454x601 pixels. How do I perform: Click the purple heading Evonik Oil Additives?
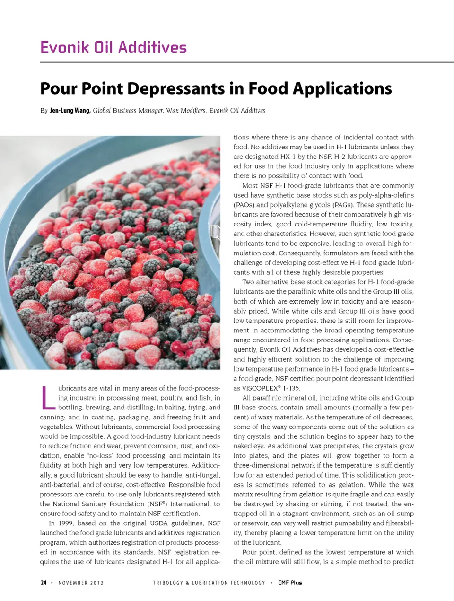point(113,47)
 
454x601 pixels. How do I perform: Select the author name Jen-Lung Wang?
point(70,111)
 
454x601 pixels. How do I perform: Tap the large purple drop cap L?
point(47,398)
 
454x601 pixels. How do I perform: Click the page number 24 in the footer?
point(43,583)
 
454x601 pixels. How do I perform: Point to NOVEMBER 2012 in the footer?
point(81,583)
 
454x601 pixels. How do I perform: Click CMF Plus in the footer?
point(290,583)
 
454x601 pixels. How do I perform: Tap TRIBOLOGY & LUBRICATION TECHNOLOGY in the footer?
point(209,583)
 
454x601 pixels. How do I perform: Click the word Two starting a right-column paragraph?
point(248,282)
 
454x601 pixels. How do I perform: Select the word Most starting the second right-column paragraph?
point(251,185)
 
